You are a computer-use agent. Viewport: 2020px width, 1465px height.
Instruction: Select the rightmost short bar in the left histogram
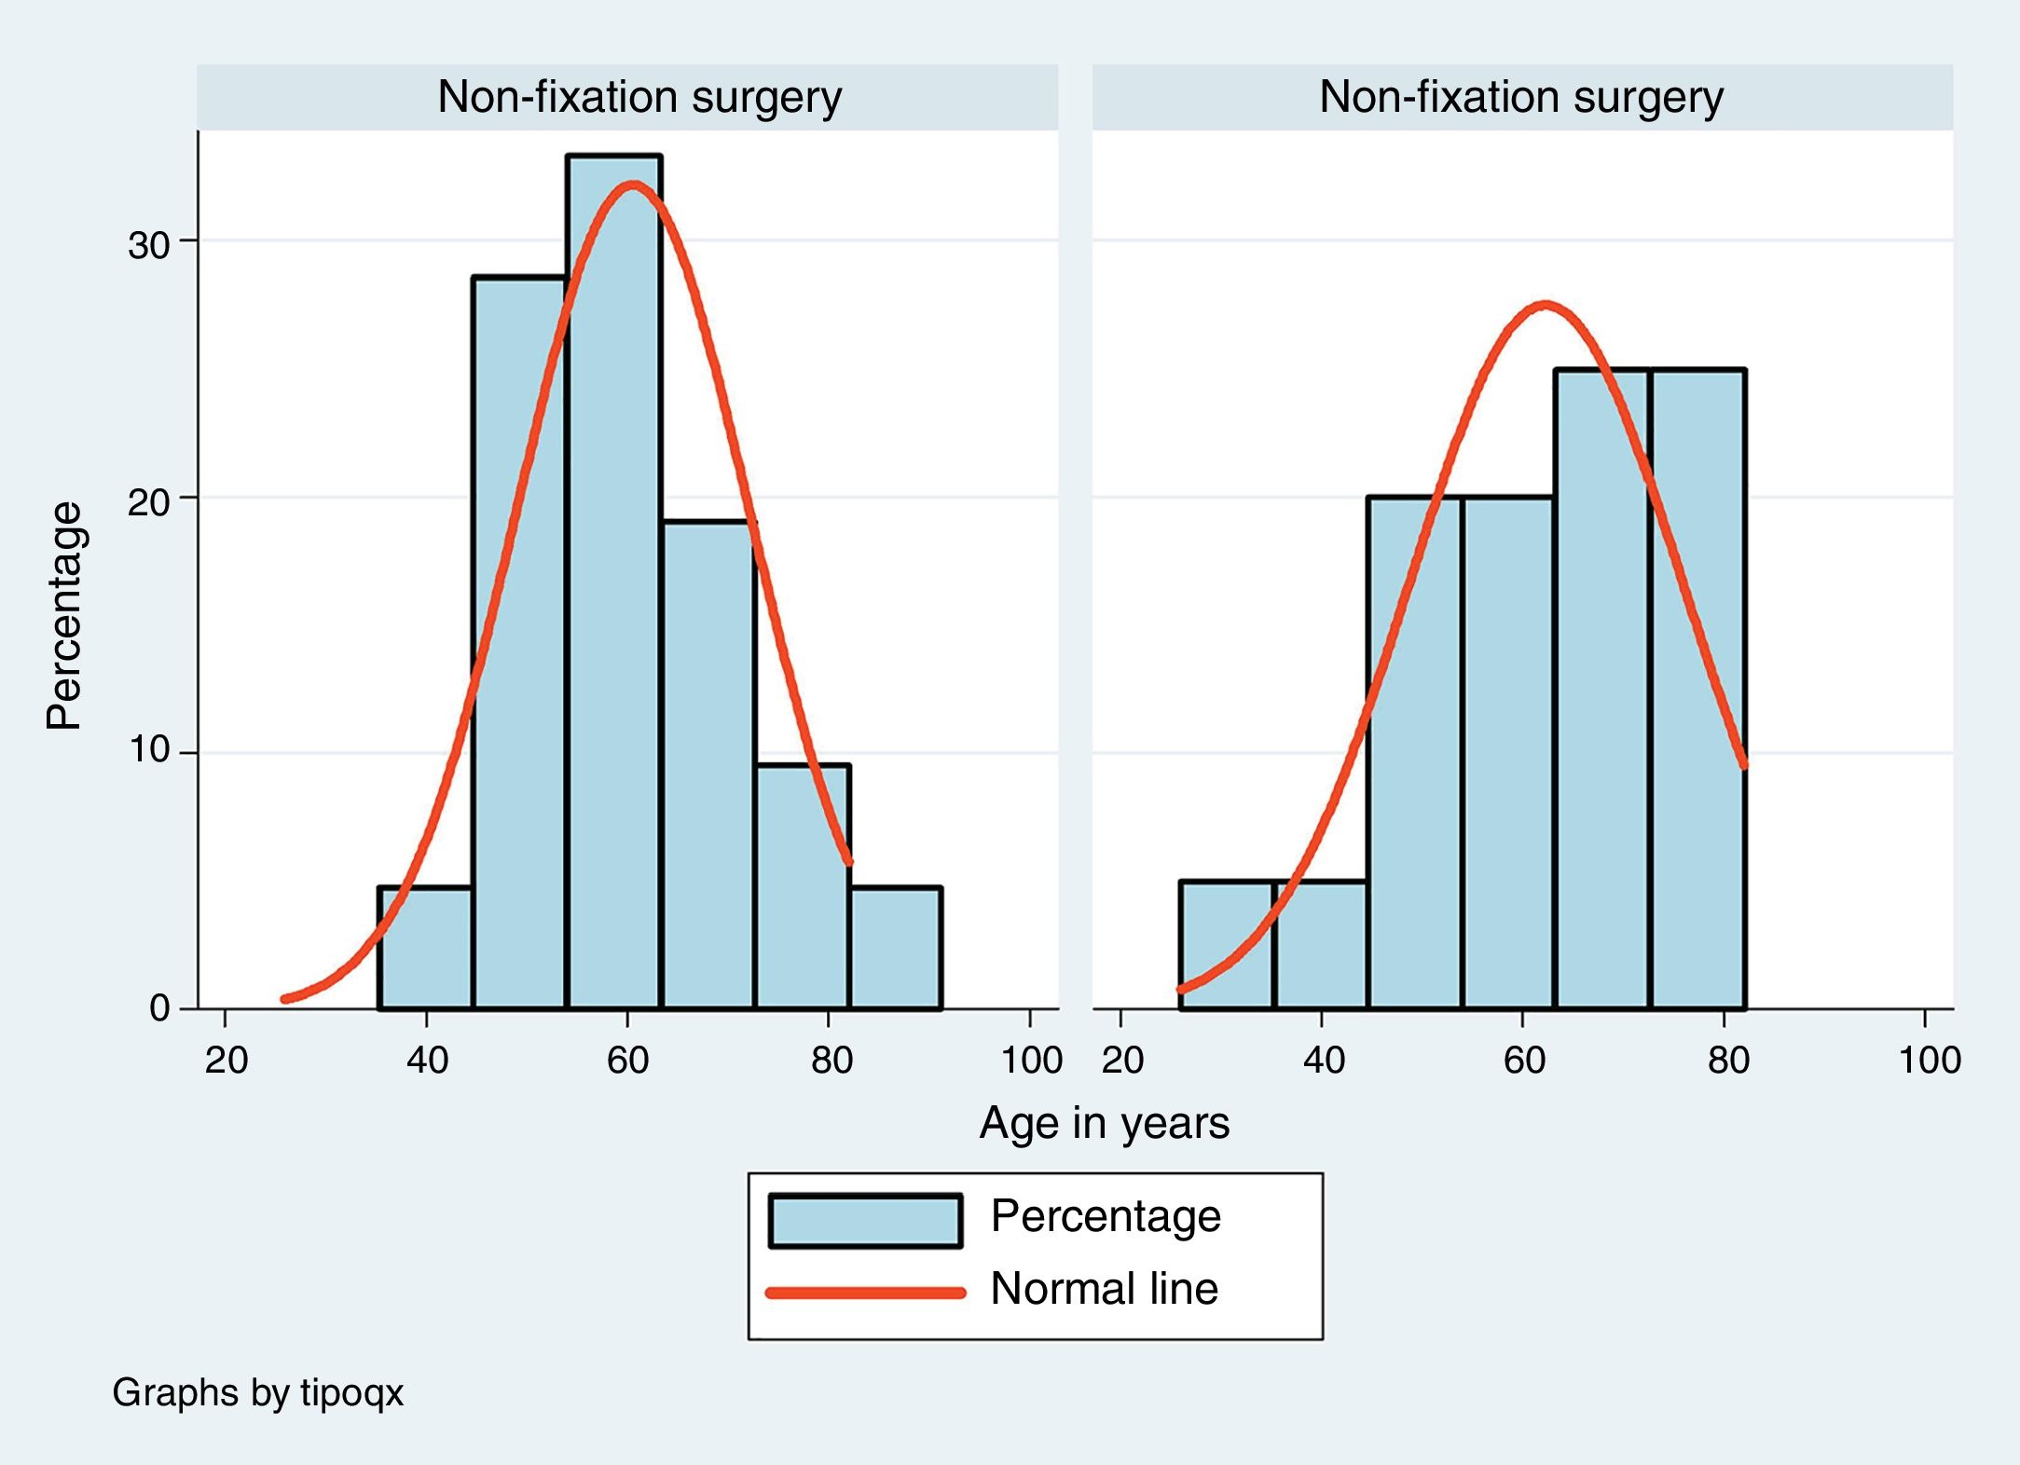point(896,948)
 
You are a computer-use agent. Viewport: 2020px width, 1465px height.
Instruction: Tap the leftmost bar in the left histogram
point(425,948)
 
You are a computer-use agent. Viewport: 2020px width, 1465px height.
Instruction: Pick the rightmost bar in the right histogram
point(1698,690)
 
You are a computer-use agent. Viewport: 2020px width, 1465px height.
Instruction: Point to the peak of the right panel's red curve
point(1545,305)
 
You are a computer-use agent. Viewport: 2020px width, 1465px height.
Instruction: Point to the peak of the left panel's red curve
point(633,185)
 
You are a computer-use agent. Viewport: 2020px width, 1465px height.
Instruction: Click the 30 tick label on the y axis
point(149,246)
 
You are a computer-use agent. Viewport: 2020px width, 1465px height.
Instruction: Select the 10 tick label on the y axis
point(149,750)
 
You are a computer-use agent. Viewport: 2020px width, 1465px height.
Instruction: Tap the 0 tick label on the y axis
point(159,1008)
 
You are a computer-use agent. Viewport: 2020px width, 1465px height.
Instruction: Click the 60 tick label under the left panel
point(627,1061)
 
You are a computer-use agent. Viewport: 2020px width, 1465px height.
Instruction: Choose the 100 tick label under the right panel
point(1929,1061)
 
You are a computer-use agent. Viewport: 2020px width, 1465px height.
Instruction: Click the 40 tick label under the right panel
point(1323,1061)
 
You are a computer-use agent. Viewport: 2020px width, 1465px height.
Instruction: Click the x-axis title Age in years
point(1104,1123)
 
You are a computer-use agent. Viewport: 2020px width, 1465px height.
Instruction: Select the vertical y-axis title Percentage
point(65,615)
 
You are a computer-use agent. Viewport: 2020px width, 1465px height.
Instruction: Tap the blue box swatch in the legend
point(865,1221)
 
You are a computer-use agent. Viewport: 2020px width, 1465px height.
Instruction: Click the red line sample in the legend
point(865,1293)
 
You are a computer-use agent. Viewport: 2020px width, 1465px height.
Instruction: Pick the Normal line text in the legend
point(1104,1289)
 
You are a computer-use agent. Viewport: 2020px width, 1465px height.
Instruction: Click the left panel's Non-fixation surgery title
point(639,97)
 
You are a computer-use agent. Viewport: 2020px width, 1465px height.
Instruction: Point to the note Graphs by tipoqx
point(257,1392)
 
